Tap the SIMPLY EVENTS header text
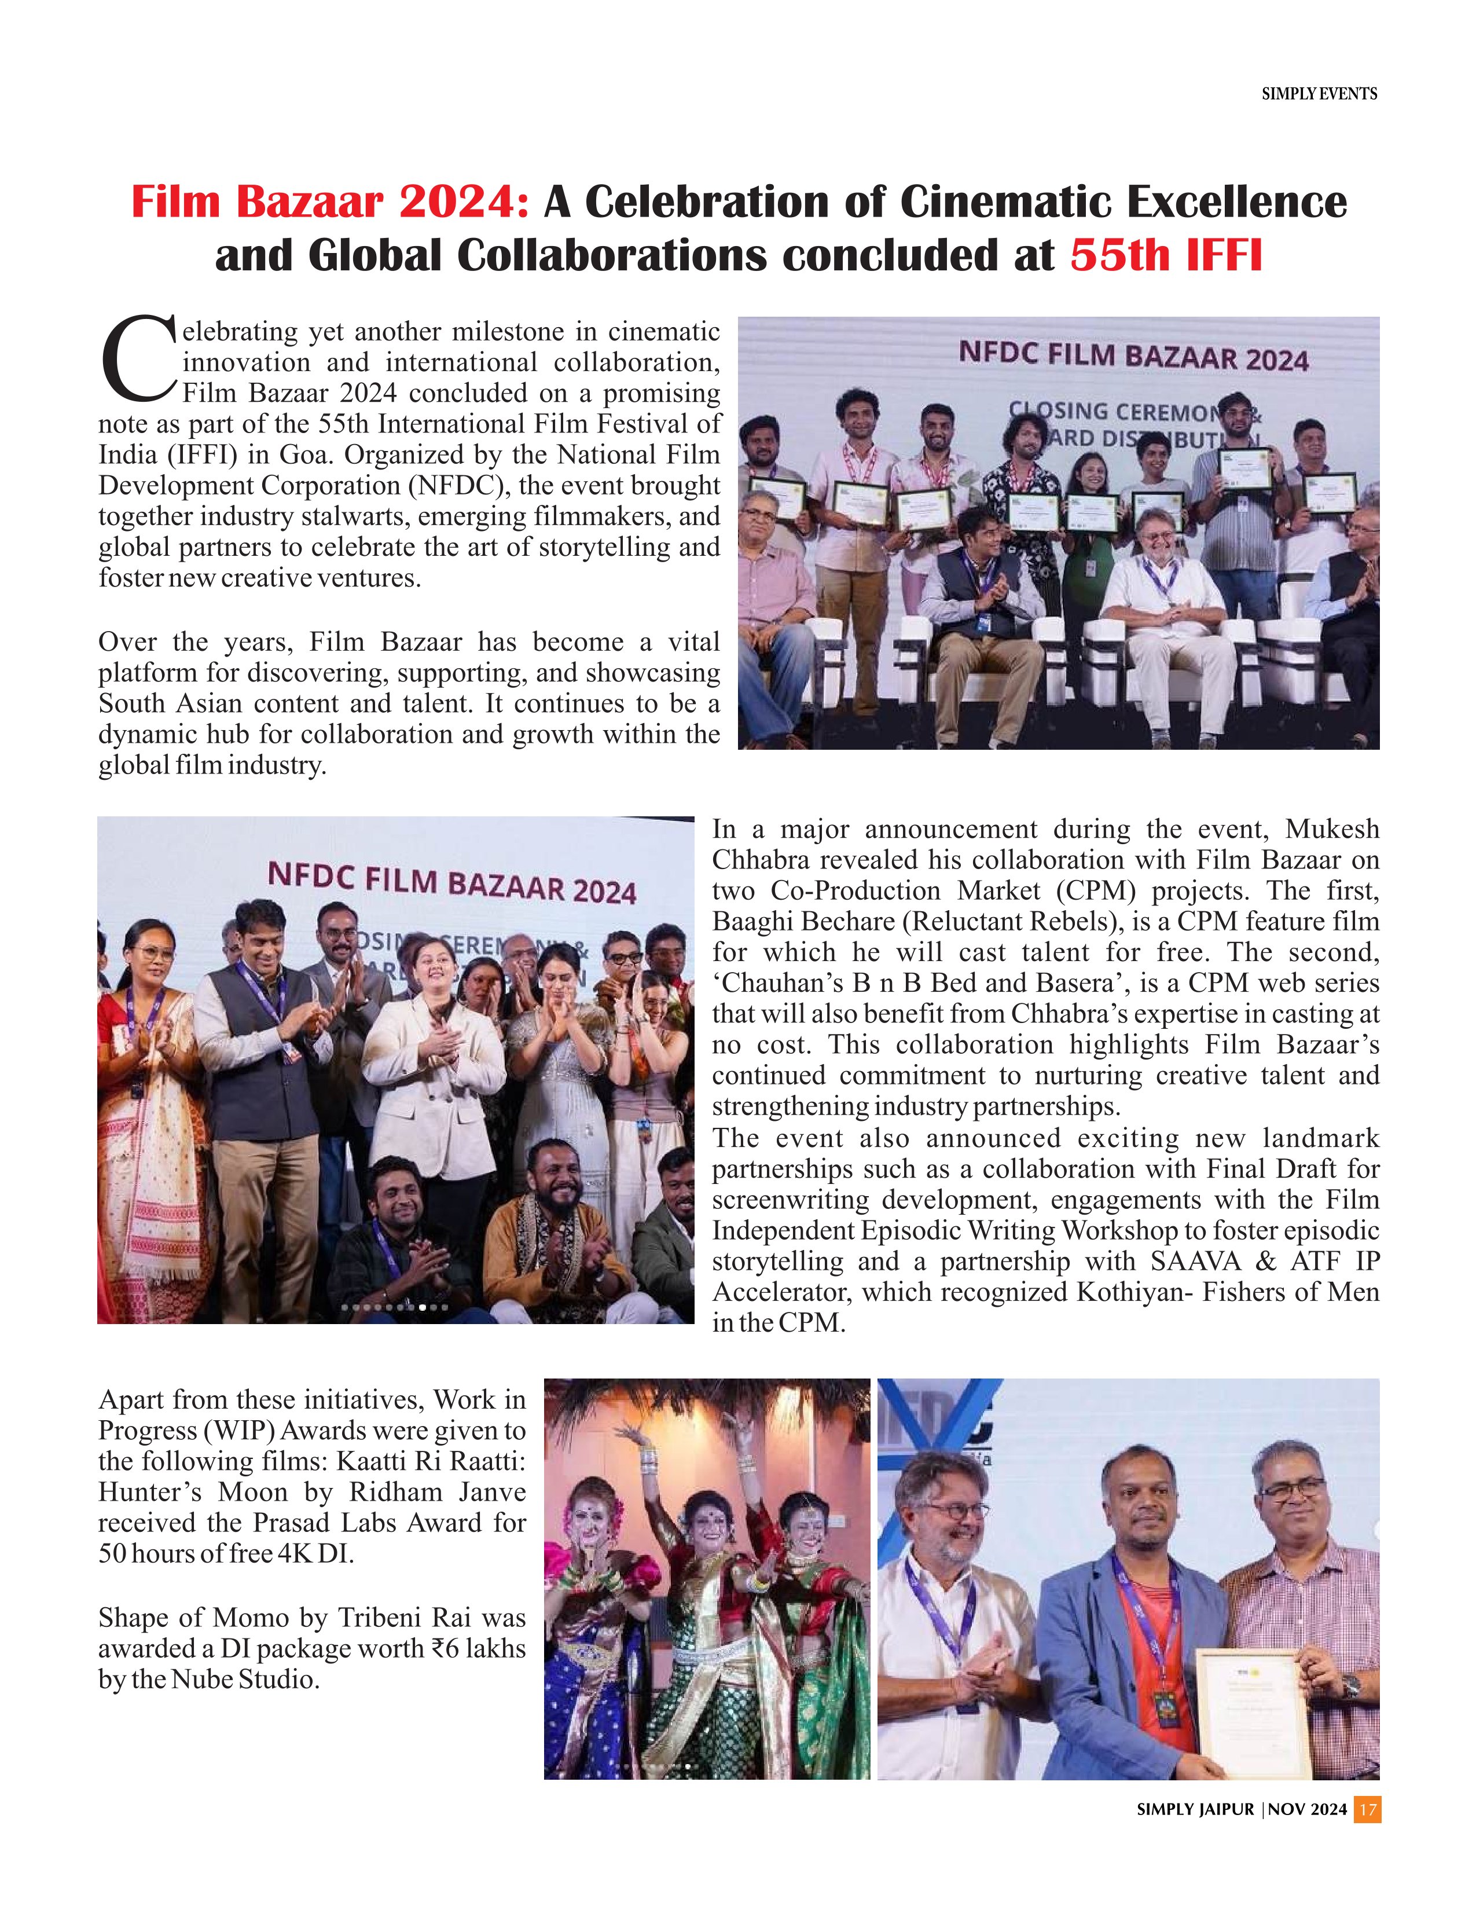[x=1319, y=94]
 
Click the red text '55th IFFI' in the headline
[x=1166, y=255]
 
